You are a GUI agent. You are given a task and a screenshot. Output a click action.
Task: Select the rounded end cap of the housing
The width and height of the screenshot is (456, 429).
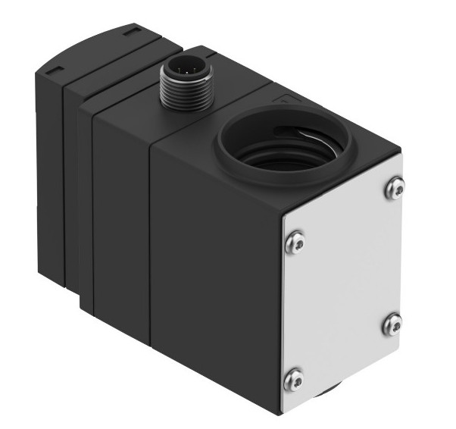[x=49, y=152]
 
